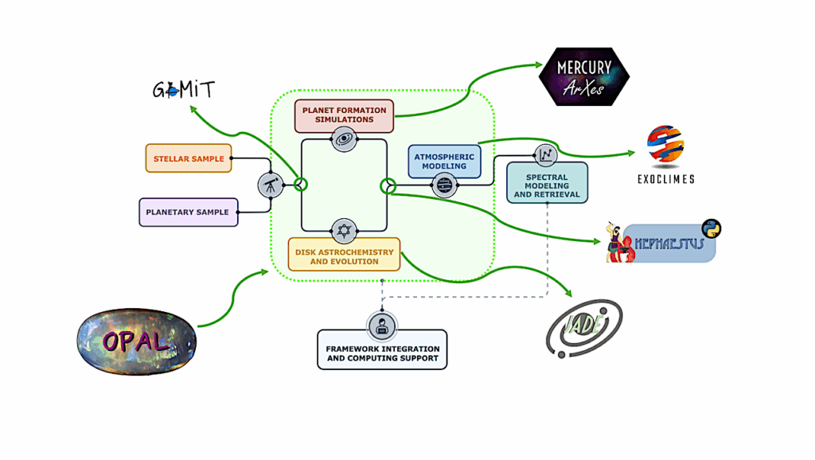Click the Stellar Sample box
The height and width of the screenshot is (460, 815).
coord(188,158)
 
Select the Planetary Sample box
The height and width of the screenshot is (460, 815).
coord(188,212)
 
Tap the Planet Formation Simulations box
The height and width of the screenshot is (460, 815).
coord(344,115)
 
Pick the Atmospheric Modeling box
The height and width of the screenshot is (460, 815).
coord(445,161)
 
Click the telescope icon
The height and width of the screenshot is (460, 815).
coord(271,185)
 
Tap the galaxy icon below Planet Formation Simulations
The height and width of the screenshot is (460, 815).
coord(343,139)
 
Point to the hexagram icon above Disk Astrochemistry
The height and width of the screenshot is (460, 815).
coord(343,230)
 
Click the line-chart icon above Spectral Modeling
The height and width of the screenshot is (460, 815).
coord(546,154)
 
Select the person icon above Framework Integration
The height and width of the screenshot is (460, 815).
coord(382,325)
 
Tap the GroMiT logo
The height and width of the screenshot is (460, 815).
coord(184,88)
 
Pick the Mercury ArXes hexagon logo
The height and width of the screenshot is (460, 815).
coord(583,76)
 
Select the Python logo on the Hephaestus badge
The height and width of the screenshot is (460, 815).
coord(710,228)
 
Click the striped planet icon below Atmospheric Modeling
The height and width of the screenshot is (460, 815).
coord(444,186)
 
